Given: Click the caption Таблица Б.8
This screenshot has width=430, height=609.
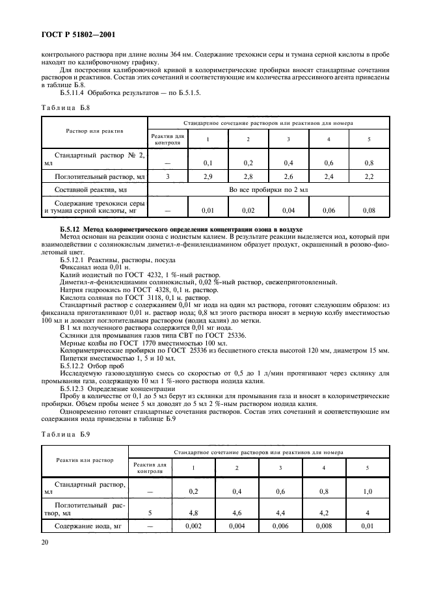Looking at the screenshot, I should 65,107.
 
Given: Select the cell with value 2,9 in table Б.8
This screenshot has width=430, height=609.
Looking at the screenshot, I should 208,176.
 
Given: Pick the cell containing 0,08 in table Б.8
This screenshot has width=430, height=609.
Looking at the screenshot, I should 369,210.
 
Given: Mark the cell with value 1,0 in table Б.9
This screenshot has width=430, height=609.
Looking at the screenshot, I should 369,492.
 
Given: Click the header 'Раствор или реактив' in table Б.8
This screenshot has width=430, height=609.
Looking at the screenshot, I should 94,131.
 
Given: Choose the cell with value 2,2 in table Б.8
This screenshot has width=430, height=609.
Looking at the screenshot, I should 369,176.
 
